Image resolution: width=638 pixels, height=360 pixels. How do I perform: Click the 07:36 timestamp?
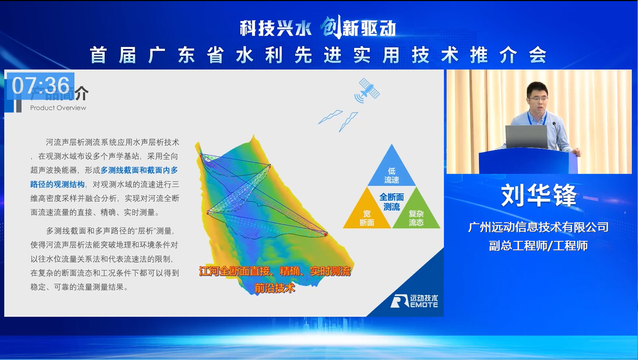click(40, 86)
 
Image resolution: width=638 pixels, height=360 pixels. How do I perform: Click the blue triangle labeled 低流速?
click(392, 170)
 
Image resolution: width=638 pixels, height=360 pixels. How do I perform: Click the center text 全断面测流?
click(392, 202)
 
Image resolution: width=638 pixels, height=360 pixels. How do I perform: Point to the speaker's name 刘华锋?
click(538, 196)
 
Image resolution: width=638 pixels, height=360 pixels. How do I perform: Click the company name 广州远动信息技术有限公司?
click(538, 227)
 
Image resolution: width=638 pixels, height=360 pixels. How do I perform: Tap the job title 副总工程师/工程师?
click(538, 246)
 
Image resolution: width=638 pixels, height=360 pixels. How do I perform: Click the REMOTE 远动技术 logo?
click(414, 301)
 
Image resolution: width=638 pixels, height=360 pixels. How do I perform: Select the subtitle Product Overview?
click(58, 108)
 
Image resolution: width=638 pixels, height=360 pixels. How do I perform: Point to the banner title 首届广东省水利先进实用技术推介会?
click(318, 55)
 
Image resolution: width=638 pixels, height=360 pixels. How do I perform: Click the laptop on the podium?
click(526, 137)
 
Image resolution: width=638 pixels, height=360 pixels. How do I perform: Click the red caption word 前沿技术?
click(275, 289)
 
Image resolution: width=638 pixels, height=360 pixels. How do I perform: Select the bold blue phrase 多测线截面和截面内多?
click(139, 170)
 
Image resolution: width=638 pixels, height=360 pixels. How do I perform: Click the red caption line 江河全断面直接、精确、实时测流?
click(275, 271)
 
